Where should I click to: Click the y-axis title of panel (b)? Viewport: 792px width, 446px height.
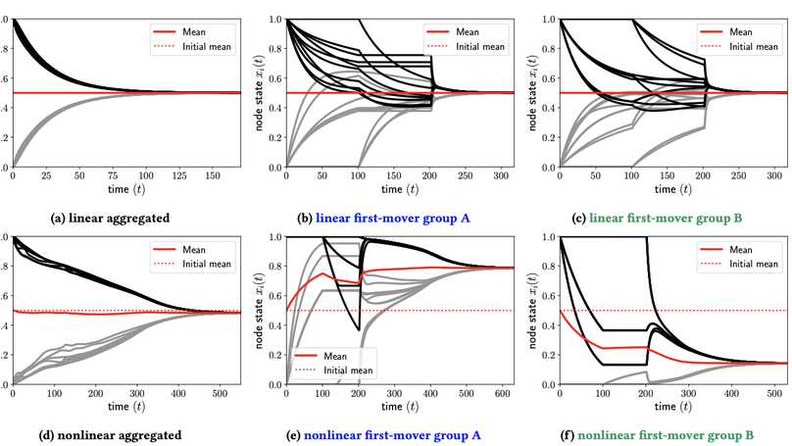[260, 92]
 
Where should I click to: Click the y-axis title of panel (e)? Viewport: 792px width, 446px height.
[260, 309]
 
